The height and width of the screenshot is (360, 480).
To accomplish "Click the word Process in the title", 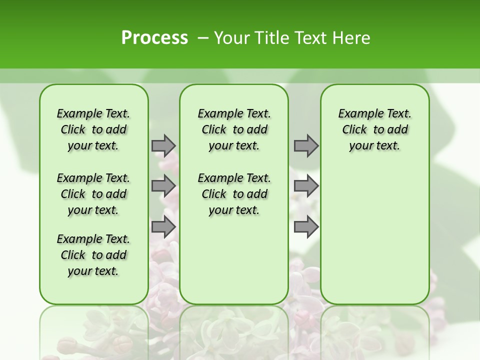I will coord(154,38).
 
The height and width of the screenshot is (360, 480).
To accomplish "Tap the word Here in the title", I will coord(351,38).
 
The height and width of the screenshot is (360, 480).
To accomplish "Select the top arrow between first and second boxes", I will coord(163,145).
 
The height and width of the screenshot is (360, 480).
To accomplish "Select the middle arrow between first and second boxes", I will coord(163,186).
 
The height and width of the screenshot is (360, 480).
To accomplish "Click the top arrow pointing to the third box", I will coord(306,145).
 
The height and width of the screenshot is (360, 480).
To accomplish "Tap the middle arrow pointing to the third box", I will coord(306,186).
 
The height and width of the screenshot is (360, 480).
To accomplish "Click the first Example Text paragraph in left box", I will coord(93,129).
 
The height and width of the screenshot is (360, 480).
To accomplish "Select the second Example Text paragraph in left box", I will coord(93,194).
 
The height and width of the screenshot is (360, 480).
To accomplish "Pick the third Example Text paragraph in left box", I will coord(93,255).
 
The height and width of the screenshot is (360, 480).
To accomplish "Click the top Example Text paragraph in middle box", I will coord(234,129).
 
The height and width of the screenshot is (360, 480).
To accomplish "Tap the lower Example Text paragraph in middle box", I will coord(234,194).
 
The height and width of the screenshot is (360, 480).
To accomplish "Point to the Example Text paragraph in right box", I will coord(374,129).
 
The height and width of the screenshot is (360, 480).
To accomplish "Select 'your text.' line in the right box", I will coord(374,146).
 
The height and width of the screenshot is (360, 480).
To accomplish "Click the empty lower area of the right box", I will coord(374,235).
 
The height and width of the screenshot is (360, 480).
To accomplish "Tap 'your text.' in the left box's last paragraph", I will coord(93,271).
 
